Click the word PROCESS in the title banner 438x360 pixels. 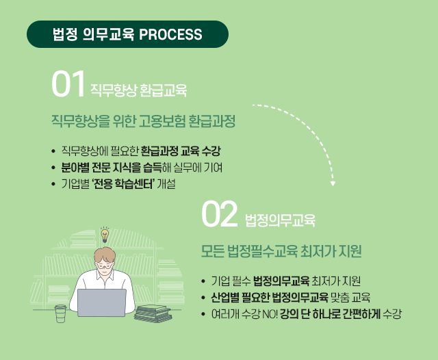tap(170, 34)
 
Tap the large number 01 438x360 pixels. tap(68, 83)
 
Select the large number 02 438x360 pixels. tap(219, 214)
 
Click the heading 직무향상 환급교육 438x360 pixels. tap(138, 90)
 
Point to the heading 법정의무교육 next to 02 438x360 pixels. tap(280, 220)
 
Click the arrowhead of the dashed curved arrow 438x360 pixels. tap(333, 183)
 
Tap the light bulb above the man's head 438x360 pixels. tap(105, 235)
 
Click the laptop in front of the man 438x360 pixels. tap(102, 303)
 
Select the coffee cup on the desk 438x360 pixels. tap(60, 313)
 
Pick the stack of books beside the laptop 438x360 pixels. tap(153, 313)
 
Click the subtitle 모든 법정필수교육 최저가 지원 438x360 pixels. tap(281, 251)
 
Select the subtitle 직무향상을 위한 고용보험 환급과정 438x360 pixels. tap(143, 121)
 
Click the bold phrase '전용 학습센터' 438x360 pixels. tap(123, 184)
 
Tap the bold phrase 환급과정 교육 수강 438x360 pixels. tap(181, 151)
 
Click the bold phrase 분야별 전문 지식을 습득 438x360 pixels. tap(111, 168)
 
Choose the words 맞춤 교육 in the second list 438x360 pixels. tap(350, 297)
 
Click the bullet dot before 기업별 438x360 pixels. tap(53, 184)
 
